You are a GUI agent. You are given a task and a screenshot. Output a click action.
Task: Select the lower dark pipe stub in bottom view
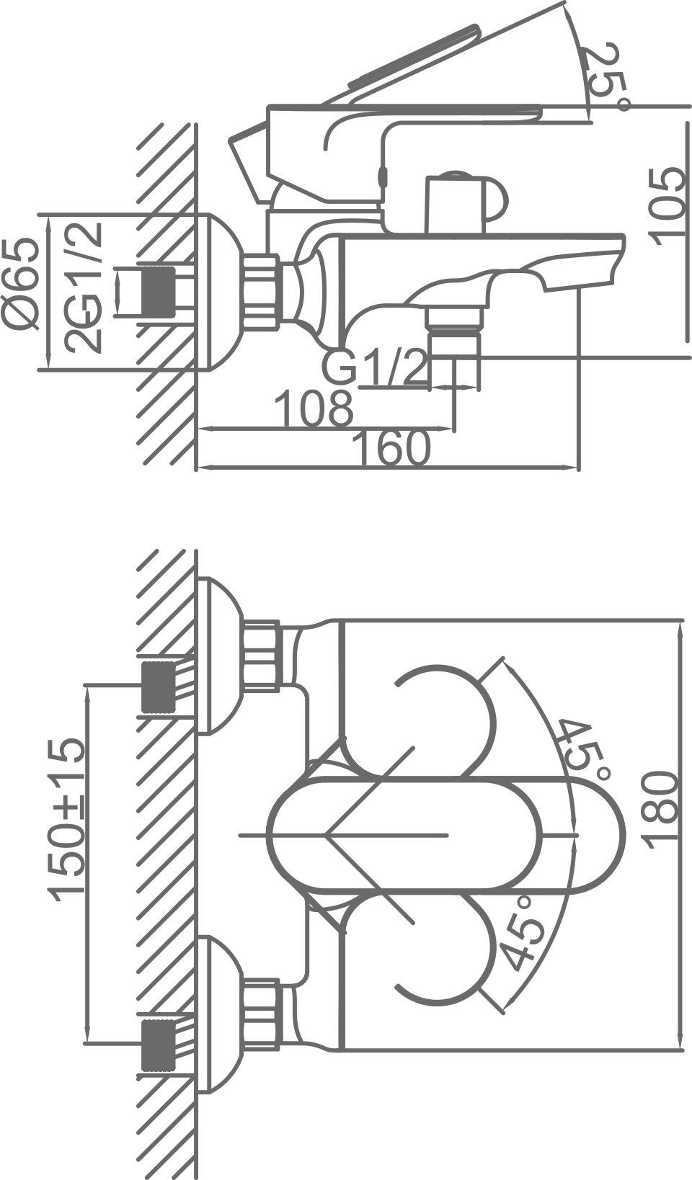click(158, 1044)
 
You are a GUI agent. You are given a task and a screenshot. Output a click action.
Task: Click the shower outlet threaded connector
click(454, 331)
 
